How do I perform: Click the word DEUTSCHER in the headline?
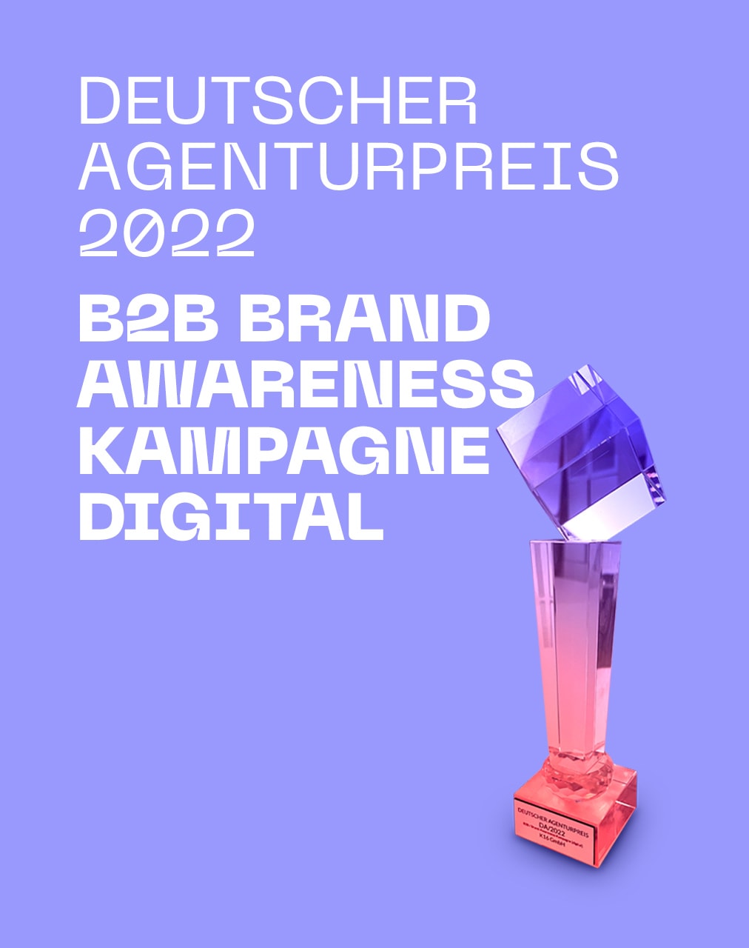pyautogui.click(x=278, y=101)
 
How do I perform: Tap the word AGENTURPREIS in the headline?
pyautogui.click(x=348, y=167)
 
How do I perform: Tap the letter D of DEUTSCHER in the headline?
pyautogui.click(x=98, y=101)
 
